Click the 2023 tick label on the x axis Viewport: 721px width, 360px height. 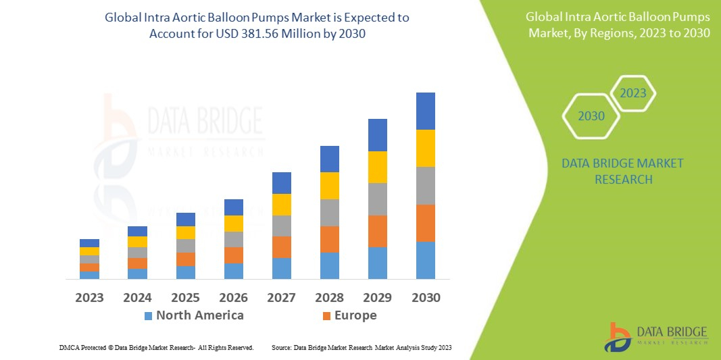(x=89, y=298)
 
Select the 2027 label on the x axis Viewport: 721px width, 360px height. (x=282, y=298)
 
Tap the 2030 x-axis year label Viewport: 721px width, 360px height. (x=426, y=298)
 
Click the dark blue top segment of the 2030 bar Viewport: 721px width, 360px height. (x=426, y=111)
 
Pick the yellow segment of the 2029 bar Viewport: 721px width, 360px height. (x=378, y=167)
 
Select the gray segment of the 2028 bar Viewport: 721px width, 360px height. (x=330, y=212)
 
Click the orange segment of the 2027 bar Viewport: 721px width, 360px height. (x=282, y=247)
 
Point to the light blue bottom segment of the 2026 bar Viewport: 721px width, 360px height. (x=234, y=271)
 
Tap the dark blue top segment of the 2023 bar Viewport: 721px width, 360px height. (x=89, y=243)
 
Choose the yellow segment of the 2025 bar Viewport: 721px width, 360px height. (x=186, y=232)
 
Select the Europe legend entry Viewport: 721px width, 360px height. (x=355, y=315)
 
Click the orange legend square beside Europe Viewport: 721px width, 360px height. (x=327, y=316)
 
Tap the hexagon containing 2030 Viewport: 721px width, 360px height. (x=591, y=116)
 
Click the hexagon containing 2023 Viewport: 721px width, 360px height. (x=633, y=93)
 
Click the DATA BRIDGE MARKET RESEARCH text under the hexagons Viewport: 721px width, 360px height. (x=622, y=172)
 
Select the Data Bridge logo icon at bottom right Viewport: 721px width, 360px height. (x=618, y=336)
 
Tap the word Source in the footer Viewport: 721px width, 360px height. (x=280, y=347)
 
